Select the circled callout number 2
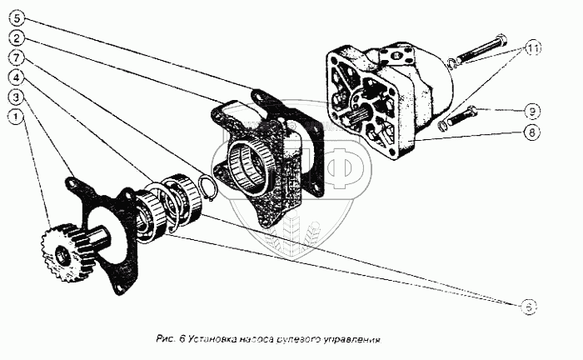click(17, 38)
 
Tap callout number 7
click(17, 57)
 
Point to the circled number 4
click(17, 77)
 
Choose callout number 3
click(17, 97)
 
